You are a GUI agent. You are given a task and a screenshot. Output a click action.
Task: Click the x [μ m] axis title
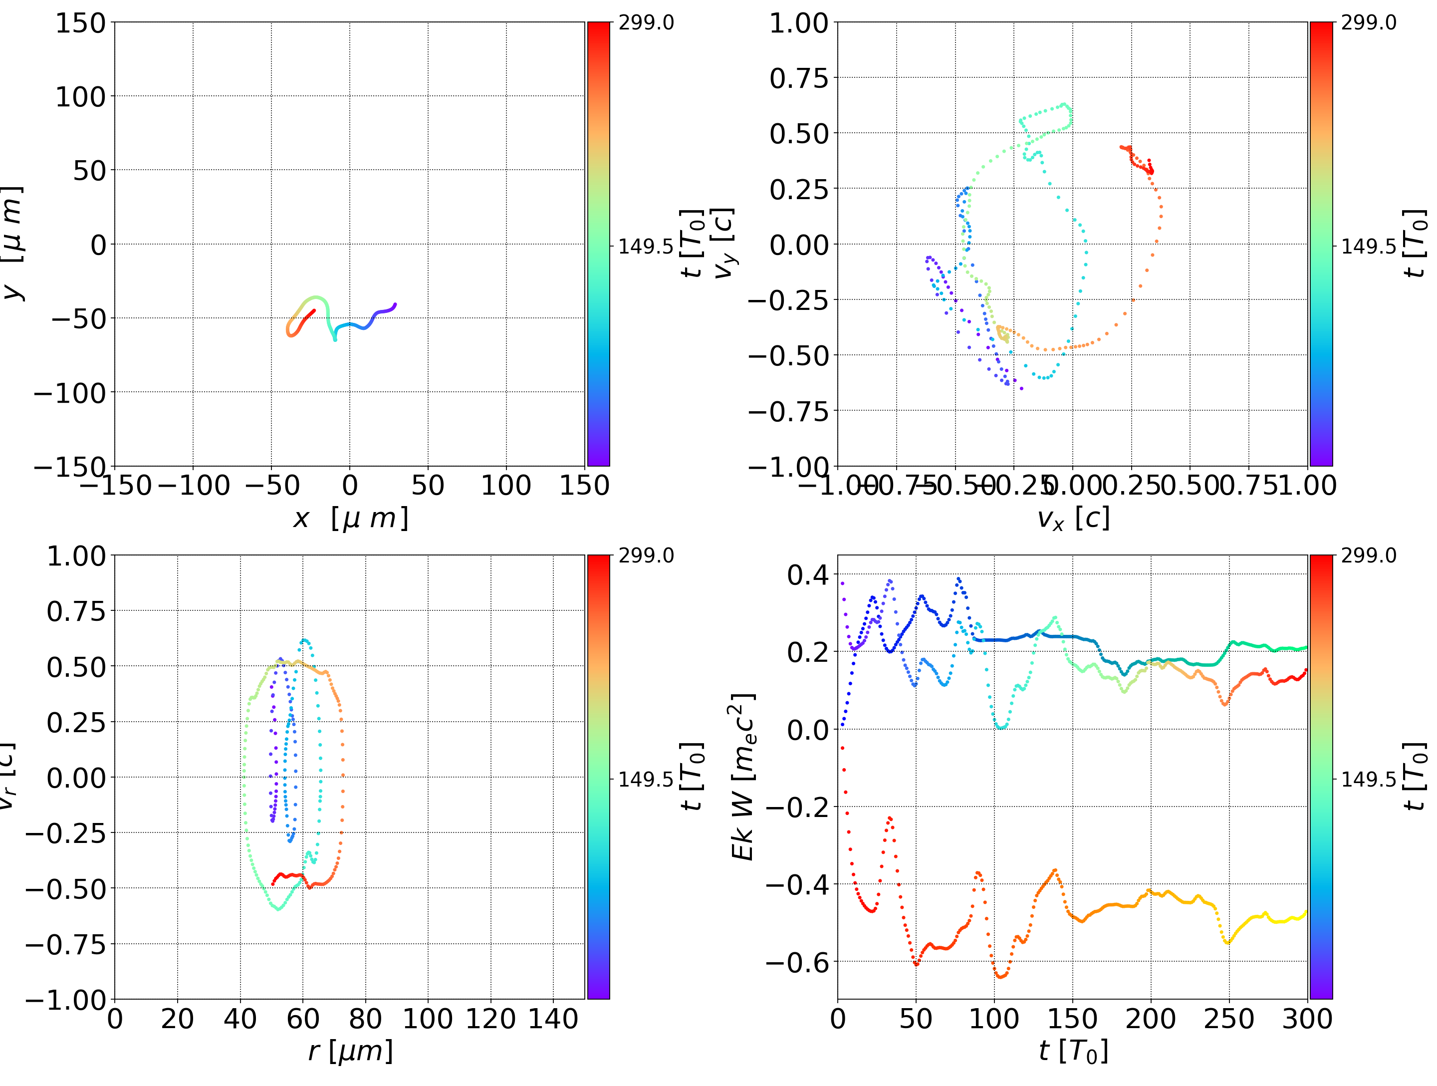tap(350, 519)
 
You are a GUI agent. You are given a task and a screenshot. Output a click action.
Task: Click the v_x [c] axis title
tap(1073, 519)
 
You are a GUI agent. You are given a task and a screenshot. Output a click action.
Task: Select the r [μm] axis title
tap(350, 1051)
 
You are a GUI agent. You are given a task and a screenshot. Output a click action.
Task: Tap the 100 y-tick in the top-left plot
tap(80, 97)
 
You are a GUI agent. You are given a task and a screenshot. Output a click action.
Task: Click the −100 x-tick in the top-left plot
tap(194, 486)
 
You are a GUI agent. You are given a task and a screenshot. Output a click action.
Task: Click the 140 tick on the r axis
tap(553, 1019)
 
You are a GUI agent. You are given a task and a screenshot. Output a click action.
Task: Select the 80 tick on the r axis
tap(365, 1019)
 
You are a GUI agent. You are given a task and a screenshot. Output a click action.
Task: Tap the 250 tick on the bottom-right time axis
tap(1228, 1019)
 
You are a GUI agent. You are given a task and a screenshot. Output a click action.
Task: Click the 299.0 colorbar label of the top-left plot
tap(646, 23)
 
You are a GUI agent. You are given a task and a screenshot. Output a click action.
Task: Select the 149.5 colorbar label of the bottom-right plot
tap(1368, 779)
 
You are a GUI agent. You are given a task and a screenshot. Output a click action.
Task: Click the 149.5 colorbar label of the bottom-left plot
tap(646, 779)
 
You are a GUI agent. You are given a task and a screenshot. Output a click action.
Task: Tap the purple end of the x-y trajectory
tap(394, 305)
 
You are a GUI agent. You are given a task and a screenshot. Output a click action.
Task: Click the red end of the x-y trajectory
tap(314, 310)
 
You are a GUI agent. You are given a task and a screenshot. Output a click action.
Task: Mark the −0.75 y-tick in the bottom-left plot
tap(65, 944)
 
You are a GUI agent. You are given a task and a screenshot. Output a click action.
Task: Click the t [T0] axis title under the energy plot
tap(1073, 1051)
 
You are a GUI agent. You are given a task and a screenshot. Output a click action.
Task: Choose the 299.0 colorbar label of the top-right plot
tap(1368, 23)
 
